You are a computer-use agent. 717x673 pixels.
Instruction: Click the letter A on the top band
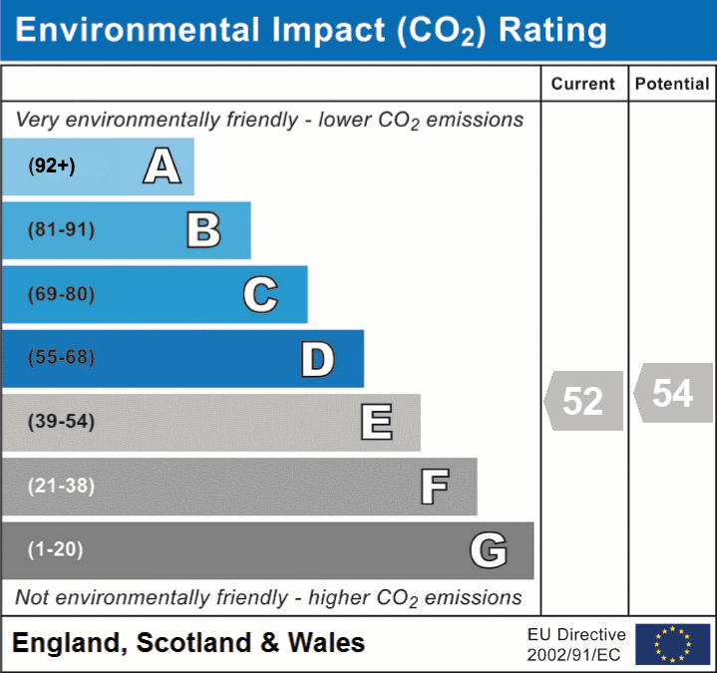(x=162, y=167)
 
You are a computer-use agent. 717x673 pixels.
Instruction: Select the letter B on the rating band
(x=203, y=230)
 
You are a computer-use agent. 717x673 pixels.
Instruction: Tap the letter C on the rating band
(x=260, y=294)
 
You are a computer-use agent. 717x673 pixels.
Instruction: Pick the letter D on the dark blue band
(x=317, y=359)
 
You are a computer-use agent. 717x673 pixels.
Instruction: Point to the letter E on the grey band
(x=376, y=423)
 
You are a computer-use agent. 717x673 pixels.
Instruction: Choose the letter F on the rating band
(x=434, y=487)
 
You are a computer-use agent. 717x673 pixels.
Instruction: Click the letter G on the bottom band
(x=489, y=550)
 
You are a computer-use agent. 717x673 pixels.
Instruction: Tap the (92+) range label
(x=52, y=167)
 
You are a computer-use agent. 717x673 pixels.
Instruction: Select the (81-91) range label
(x=62, y=230)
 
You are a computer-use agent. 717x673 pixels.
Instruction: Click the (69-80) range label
(x=62, y=294)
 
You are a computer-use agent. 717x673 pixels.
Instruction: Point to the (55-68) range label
(x=62, y=358)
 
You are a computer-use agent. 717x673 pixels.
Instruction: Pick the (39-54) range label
(x=62, y=422)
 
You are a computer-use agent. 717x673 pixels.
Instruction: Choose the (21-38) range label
(x=62, y=486)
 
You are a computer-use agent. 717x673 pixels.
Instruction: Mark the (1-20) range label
(x=56, y=549)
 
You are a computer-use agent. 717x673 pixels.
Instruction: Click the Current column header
(x=583, y=85)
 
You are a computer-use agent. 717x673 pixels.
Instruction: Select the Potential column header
(x=672, y=85)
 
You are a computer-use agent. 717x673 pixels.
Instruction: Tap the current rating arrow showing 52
(x=584, y=401)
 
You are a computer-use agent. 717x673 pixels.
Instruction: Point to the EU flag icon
(x=672, y=644)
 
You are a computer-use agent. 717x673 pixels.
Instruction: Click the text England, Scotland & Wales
(x=188, y=643)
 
